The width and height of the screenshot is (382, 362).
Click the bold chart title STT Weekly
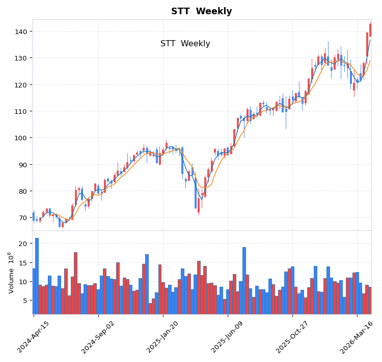[x=201, y=11]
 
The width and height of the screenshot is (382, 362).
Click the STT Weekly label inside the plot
[x=185, y=44]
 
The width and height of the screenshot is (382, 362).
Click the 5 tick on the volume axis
[x=24, y=300]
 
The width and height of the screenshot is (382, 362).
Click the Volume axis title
[x=11, y=273]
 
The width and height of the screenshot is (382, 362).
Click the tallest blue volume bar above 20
[x=37, y=276]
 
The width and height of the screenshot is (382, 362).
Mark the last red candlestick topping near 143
[x=370, y=30]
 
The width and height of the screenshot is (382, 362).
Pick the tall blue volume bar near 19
[x=244, y=280]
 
